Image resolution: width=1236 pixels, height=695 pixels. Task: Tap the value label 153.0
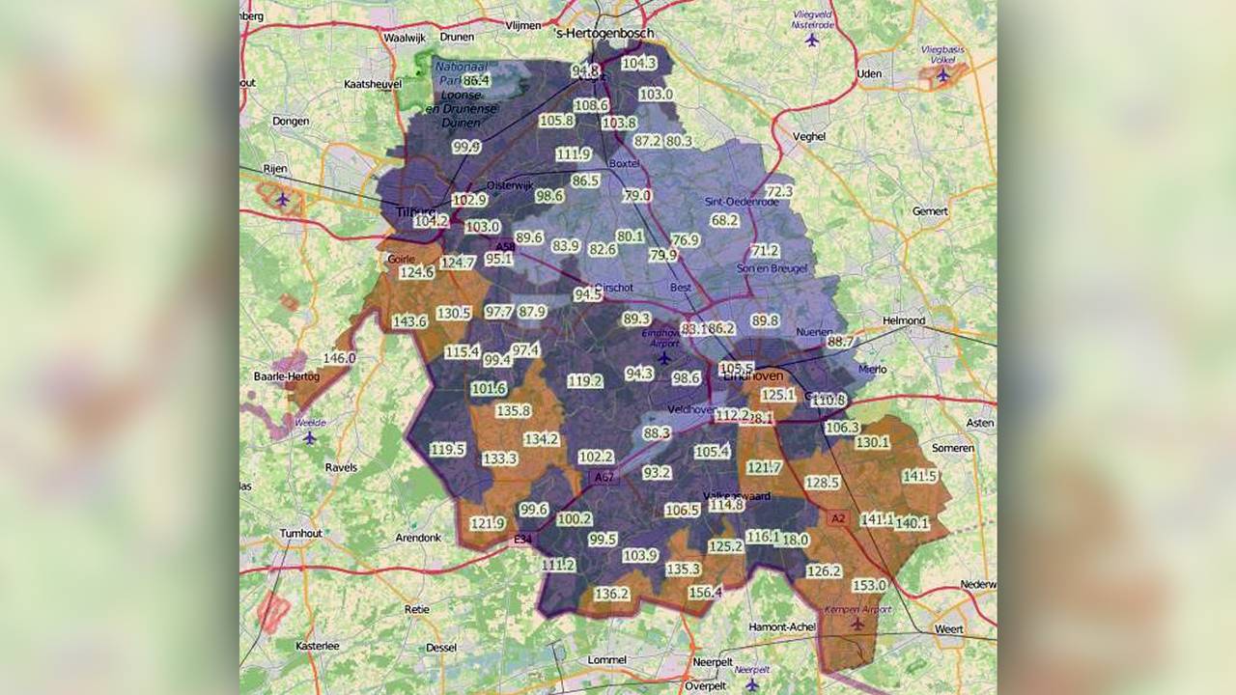(x=869, y=586)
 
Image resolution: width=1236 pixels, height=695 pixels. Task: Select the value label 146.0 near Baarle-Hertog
(x=339, y=358)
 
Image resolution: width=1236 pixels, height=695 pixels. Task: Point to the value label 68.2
(x=724, y=220)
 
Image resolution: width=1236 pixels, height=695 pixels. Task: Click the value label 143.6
(x=409, y=321)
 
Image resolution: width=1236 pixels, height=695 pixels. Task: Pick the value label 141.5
(x=919, y=476)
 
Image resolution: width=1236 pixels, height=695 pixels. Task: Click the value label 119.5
(x=448, y=450)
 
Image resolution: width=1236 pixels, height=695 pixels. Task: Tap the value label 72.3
(x=779, y=192)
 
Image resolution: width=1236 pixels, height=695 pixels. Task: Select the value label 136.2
(x=612, y=594)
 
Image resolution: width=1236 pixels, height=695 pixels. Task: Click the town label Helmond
(x=904, y=320)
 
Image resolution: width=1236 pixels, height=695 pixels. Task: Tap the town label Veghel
(x=808, y=137)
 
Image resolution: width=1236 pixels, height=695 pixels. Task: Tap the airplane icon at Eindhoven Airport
(x=664, y=358)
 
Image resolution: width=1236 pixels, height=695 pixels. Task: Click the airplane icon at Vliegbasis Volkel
(x=943, y=74)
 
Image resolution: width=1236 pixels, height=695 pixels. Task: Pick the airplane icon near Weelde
(x=309, y=437)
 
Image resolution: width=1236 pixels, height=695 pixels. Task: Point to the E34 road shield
(x=522, y=540)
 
